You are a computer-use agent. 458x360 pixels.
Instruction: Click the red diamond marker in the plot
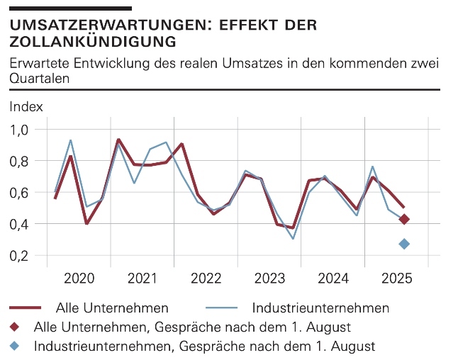click(404, 219)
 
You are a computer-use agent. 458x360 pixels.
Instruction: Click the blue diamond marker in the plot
click(404, 244)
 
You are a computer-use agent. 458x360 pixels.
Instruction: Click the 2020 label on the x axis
click(79, 278)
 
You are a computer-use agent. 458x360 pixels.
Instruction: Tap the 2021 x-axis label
click(143, 278)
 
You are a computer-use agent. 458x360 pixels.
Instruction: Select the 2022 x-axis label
click(206, 278)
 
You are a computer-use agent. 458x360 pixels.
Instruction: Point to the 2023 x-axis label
click(270, 278)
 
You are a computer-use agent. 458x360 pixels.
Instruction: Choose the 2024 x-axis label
click(333, 278)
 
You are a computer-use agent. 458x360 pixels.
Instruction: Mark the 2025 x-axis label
click(396, 278)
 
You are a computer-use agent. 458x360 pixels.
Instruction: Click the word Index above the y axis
click(26, 107)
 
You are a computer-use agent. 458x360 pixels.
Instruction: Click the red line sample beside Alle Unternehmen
click(28, 308)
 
